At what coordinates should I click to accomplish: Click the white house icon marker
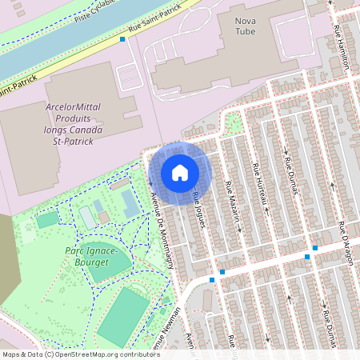(180, 172)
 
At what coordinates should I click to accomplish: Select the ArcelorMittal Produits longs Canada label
(74, 123)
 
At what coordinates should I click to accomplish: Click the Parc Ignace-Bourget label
(91, 256)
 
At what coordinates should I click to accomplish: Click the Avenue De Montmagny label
(162, 227)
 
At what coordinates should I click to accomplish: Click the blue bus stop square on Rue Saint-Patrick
(122, 38)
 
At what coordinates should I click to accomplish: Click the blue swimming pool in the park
(130, 203)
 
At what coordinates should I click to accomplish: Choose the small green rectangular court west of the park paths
(48, 218)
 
